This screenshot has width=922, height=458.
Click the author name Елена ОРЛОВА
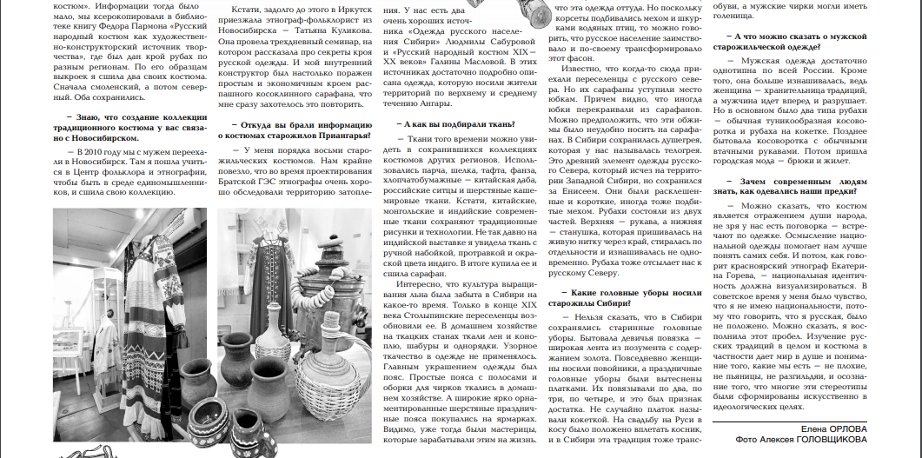(835, 429)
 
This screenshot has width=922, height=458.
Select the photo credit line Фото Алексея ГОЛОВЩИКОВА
(800, 441)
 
